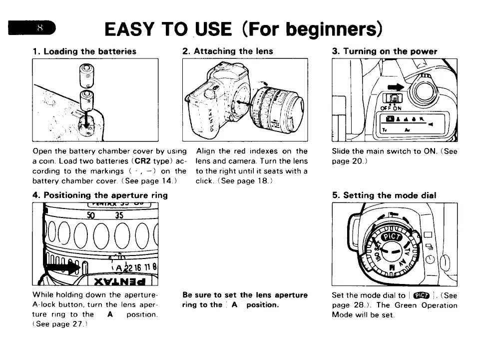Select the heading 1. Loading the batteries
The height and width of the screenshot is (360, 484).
[84, 51]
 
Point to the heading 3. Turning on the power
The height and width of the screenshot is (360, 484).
[384, 51]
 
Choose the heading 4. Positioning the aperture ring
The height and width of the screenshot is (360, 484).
[100, 195]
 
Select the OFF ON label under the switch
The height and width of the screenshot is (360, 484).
[391, 107]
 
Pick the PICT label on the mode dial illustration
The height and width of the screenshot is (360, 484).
[391, 236]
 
